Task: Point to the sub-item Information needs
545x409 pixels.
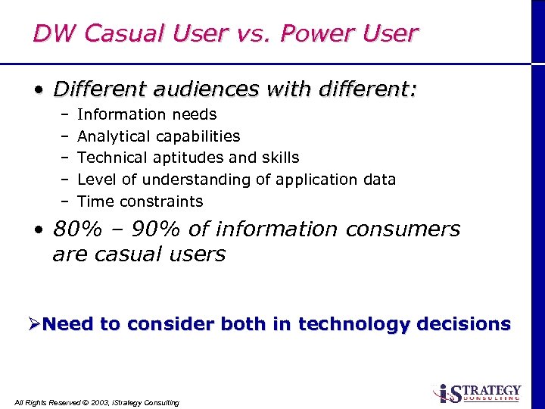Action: click(x=147, y=114)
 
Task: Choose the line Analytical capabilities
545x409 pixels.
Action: click(x=158, y=136)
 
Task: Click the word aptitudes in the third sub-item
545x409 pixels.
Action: click(x=186, y=158)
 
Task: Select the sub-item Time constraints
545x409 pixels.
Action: click(x=140, y=201)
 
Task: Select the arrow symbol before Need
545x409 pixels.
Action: click(x=33, y=324)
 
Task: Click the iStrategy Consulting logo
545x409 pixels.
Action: click(x=476, y=392)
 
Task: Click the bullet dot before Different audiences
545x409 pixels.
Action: click(x=38, y=91)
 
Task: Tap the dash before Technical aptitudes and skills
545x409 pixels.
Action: click(x=65, y=158)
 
